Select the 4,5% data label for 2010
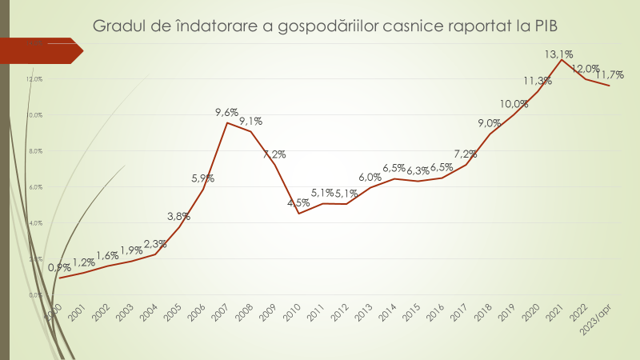coord(298,202)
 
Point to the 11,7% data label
coord(609,75)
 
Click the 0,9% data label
coord(59,268)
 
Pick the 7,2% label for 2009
coord(274,154)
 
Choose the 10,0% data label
coord(514,104)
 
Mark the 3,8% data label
coord(179,216)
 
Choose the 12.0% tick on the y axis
coord(34,79)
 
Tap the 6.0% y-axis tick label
coord(35,187)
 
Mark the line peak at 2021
coord(562,60)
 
